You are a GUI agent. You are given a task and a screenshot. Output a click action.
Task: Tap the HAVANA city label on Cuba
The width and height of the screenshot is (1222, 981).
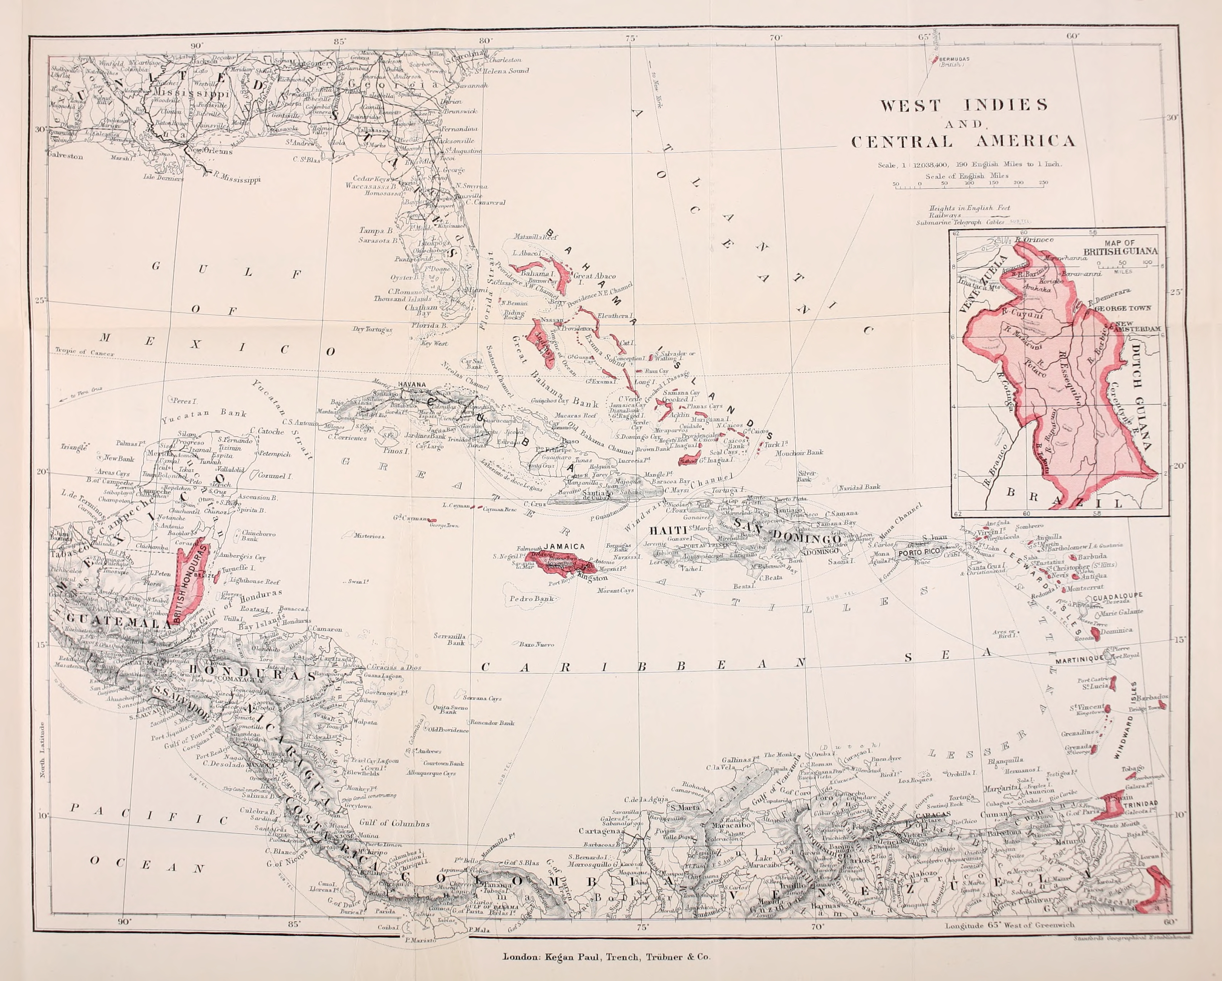[412, 384]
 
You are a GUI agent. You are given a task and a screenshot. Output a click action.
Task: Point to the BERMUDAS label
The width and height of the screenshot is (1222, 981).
[954, 59]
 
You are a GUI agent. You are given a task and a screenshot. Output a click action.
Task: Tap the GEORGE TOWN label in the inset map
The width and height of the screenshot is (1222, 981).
[1122, 309]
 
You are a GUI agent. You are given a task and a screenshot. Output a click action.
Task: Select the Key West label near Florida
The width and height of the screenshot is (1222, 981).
[434, 344]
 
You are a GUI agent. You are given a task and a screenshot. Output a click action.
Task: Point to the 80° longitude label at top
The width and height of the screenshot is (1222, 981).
[486, 41]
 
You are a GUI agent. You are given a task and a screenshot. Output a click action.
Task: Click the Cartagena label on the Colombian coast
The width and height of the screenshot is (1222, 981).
[600, 832]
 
